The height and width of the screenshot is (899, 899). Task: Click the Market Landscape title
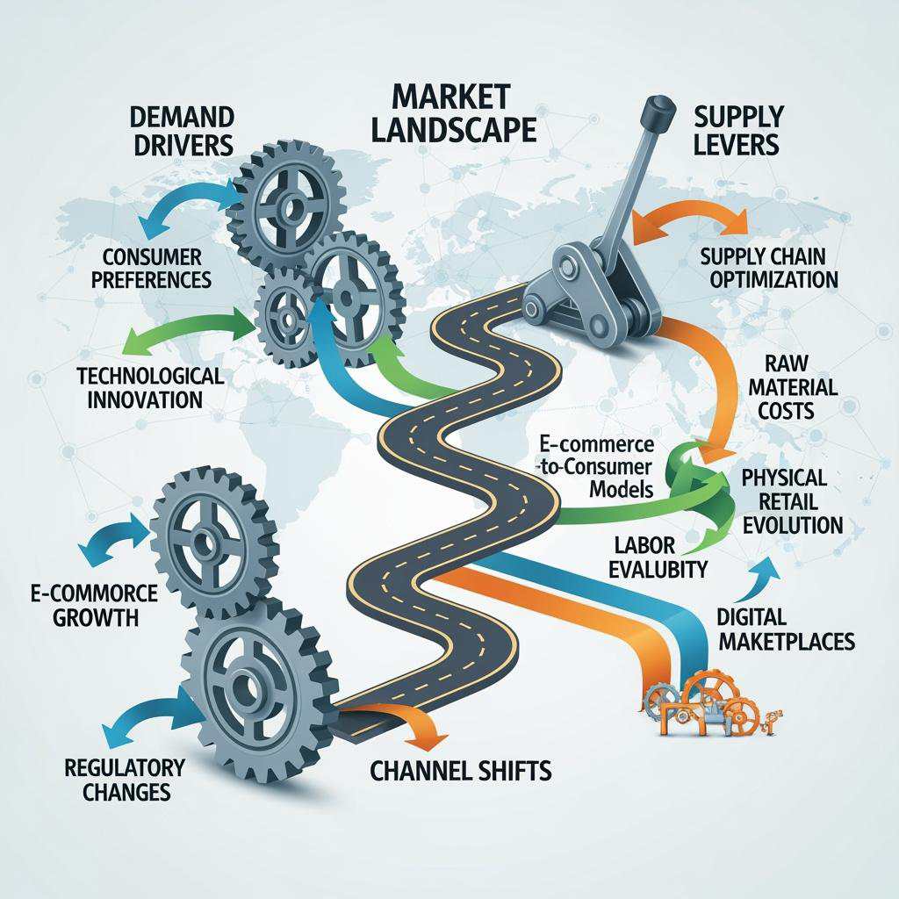[x=452, y=111]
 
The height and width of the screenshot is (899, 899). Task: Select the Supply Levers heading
[x=737, y=129]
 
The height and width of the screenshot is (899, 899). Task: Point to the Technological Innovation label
[x=150, y=387]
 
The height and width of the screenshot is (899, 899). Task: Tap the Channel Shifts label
[x=461, y=772]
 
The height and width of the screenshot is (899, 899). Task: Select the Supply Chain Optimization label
[x=768, y=268]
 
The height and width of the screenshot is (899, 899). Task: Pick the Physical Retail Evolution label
[x=792, y=501]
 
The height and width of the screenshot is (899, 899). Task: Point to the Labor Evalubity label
[x=649, y=557]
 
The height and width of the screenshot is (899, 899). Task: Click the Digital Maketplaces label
[x=786, y=629]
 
